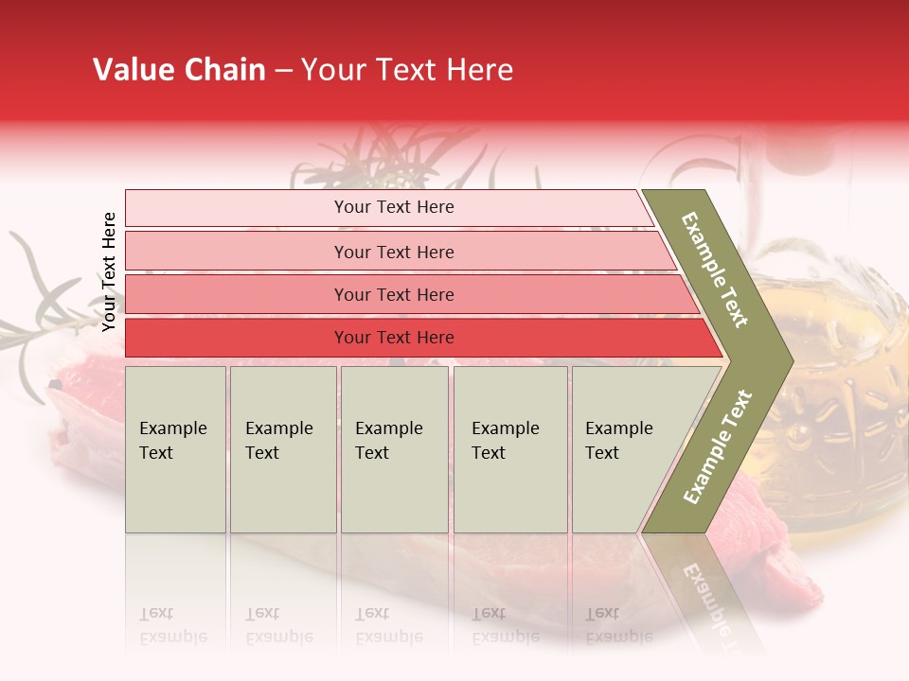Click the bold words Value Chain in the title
179,70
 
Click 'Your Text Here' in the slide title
407,70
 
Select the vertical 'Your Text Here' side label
109,271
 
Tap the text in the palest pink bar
394,207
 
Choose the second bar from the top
394,252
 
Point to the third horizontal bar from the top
394,295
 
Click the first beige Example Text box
175,449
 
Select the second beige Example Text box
282,449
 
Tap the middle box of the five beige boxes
394,449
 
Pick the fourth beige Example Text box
509,449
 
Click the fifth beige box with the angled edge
625,449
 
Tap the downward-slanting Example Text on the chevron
716,270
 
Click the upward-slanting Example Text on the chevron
717,447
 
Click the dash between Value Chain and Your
283,70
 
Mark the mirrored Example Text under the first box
173,625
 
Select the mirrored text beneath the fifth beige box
619,625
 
